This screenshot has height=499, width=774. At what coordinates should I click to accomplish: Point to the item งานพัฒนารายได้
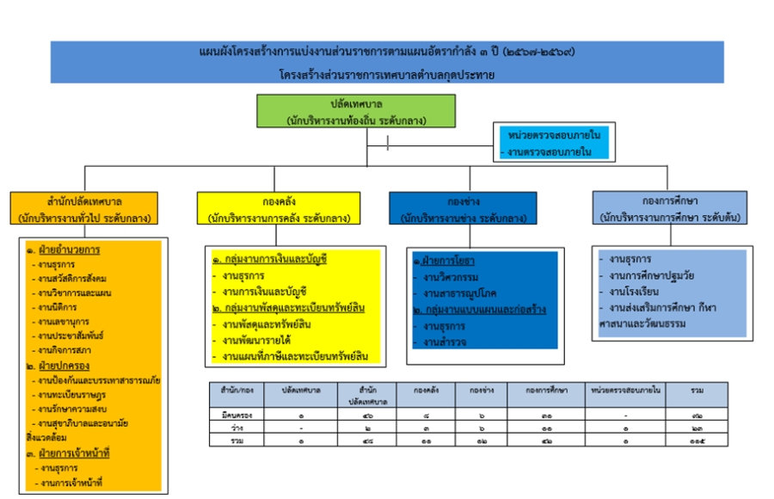point(262,340)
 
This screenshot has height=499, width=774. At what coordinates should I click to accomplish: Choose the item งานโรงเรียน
point(634,291)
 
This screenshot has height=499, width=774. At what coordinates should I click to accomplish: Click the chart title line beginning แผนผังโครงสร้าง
point(387,52)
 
